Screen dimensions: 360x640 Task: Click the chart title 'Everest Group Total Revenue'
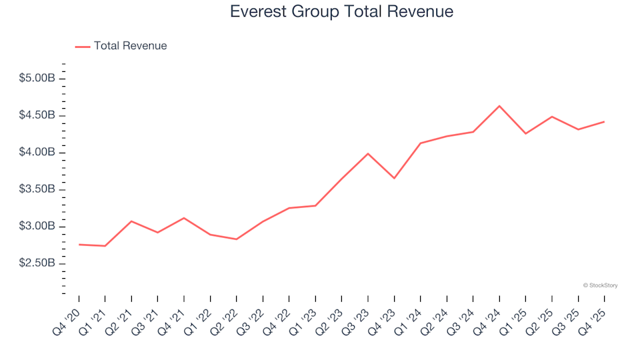(x=341, y=12)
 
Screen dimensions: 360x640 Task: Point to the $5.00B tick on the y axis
(x=37, y=79)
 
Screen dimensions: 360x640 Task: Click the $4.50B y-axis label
(x=37, y=116)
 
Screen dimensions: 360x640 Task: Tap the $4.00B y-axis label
(x=37, y=153)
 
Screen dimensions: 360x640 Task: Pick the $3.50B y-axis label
(x=37, y=190)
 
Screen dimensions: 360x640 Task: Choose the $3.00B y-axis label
(x=37, y=227)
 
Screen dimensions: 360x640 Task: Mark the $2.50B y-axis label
(x=37, y=264)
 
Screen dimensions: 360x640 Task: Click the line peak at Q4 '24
(x=499, y=106)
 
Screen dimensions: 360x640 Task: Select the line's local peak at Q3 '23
(x=368, y=153)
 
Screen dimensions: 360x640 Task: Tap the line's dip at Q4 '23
(x=394, y=178)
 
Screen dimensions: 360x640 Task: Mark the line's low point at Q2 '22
(x=237, y=239)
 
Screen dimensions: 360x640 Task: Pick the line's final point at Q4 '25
(x=604, y=121)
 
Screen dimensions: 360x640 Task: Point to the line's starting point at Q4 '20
(x=79, y=245)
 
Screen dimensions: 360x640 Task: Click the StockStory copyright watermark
(x=600, y=285)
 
